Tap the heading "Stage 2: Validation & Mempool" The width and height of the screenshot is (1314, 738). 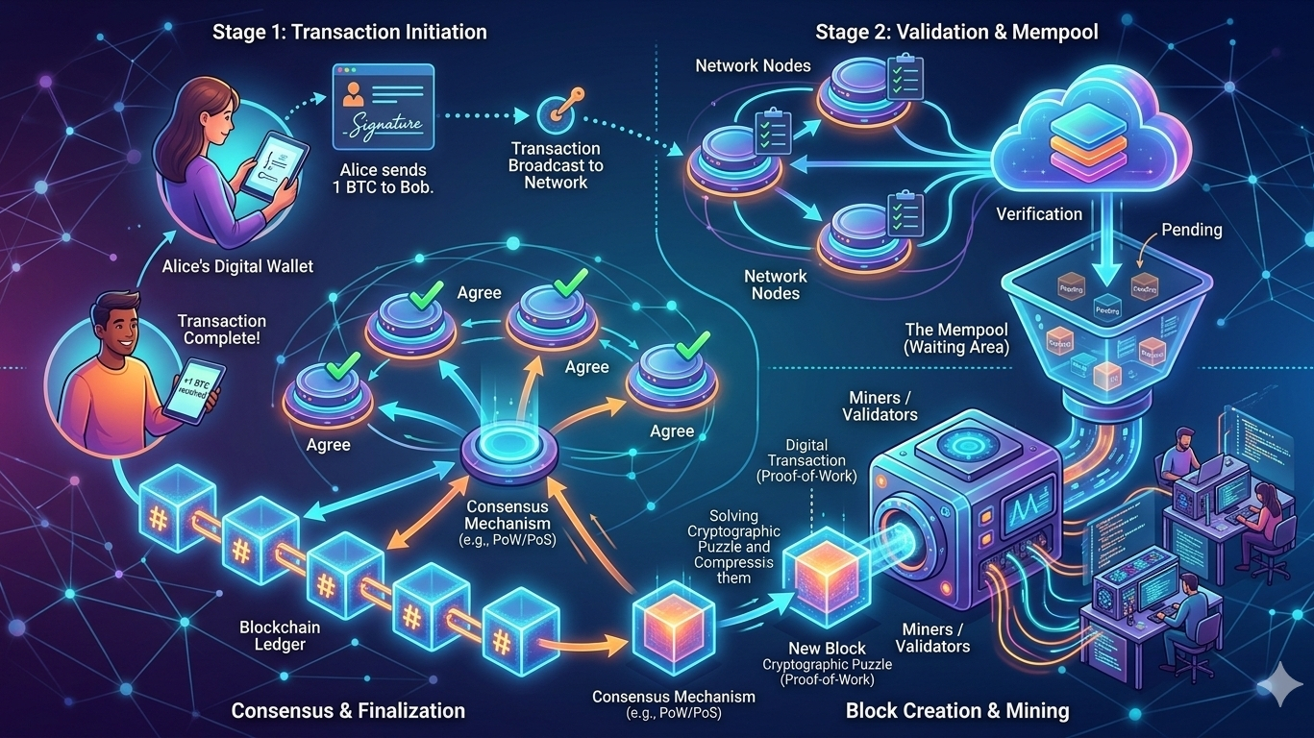956,32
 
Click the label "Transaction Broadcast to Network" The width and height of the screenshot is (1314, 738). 556,165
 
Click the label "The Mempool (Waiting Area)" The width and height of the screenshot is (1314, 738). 956,337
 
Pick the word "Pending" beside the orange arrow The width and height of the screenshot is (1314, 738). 1192,231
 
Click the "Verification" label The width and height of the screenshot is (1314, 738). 1039,214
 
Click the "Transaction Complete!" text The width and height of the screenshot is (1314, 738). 222,330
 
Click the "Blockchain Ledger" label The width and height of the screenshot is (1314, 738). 280,635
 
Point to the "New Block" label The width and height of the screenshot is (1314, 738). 827,648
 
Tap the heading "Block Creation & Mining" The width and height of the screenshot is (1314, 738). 956,711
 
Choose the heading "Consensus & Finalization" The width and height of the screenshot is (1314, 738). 348,711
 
